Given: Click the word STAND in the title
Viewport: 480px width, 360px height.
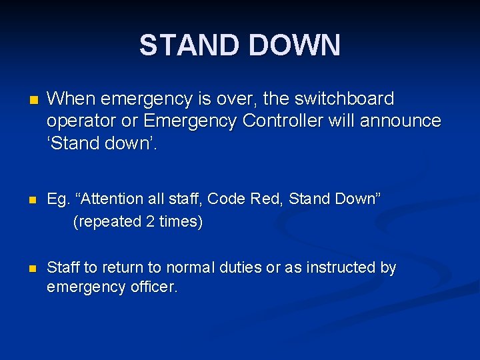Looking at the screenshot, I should pyautogui.click(x=189, y=45).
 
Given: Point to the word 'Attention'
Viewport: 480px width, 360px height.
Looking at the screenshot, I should pyautogui.click(x=107, y=199).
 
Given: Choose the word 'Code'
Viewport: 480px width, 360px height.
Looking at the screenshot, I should pyautogui.click(x=227, y=199).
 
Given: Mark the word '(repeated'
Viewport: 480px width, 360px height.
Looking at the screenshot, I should pyautogui.click(x=106, y=221).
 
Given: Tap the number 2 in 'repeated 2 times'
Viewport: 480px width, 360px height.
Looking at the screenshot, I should pyautogui.click(x=149, y=221).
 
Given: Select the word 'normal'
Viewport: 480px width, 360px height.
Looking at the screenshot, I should pyautogui.click(x=196, y=268).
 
